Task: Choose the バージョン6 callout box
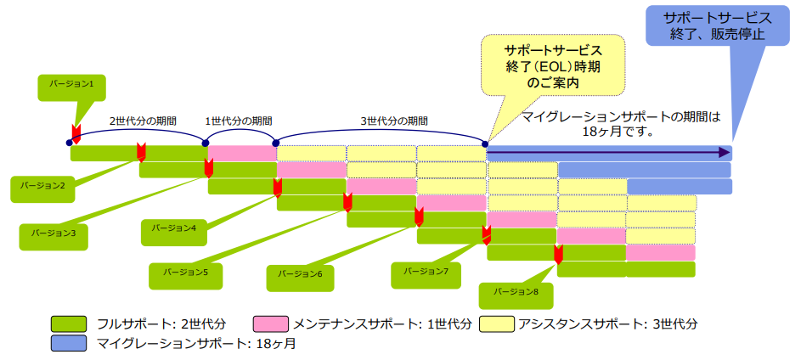[300, 275]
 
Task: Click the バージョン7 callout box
[425, 273]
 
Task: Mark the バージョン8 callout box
[513, 293]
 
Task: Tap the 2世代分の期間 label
[143, 121]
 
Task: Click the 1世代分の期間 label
[239, 121]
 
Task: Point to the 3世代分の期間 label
[393, 121]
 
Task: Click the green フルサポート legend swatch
[69, 323]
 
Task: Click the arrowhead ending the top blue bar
[723, 153]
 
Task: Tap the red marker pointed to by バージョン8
[558, 254]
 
